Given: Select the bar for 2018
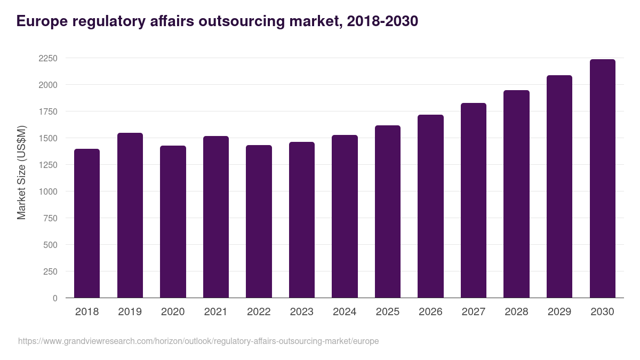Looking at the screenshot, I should click(87, 223).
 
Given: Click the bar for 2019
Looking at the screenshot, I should click(130, 215).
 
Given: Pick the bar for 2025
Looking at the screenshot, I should click(388, 212).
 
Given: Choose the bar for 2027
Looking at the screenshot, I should click(474, 201).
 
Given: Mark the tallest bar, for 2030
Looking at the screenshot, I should click(602, 179).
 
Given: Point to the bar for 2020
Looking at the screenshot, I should click(173, 222).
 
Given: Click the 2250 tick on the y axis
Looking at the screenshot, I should click(47, 58).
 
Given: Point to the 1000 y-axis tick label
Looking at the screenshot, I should click(47, 191).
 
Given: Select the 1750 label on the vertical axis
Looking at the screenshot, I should click(47, 111).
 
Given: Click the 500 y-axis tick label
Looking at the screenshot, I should click(50, 245).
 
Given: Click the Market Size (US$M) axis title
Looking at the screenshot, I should click(21, 172).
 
